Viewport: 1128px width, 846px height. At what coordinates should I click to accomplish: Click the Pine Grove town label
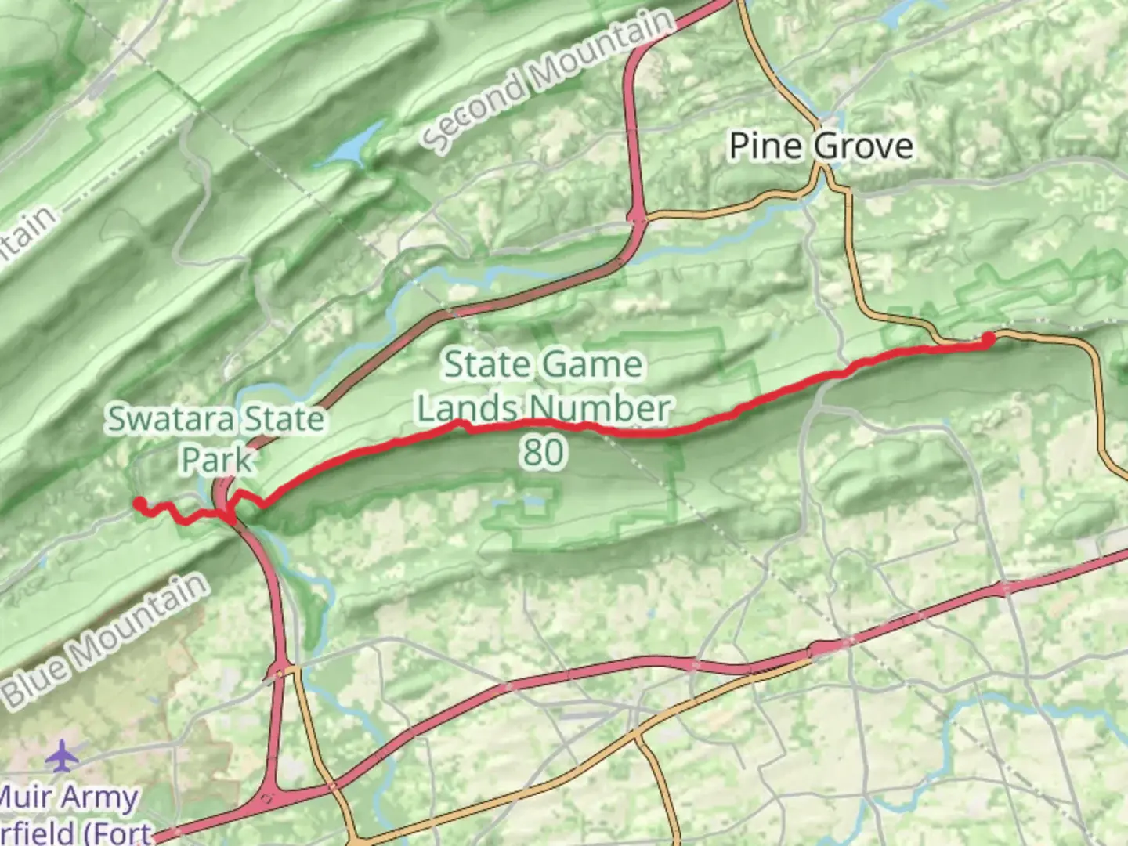pos(820,146)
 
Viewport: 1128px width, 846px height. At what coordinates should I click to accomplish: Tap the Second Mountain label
pos(548,78)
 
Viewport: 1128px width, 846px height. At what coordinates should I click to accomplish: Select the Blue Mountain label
pos(106,639)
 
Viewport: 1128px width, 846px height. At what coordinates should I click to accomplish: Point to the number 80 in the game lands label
pos(543,452)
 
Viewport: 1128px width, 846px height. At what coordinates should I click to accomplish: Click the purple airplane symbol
pos(63,756)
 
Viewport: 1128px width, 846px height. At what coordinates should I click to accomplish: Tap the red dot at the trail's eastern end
pos(988,339)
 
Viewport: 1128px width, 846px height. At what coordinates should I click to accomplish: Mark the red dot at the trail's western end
pos(139,503)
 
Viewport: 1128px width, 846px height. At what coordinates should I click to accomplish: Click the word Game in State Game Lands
pos(592,365)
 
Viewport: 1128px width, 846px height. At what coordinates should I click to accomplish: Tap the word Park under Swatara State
pos(216,460)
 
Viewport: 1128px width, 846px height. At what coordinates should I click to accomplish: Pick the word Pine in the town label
pos(765,146)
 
